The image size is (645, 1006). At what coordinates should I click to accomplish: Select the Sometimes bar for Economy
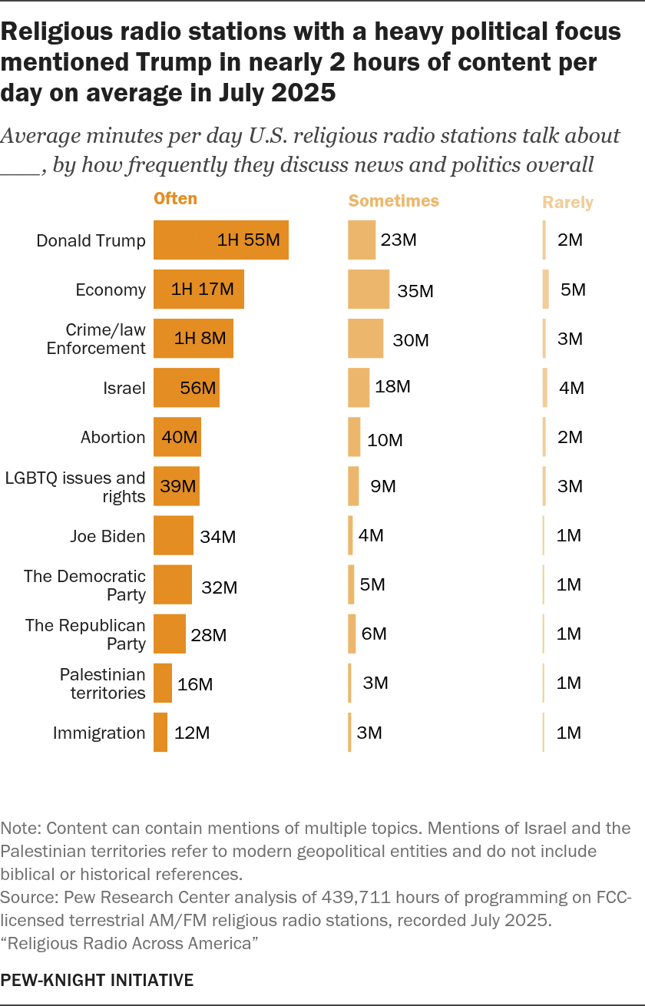click(369, 290)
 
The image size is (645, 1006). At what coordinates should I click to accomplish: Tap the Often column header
click(176, 199)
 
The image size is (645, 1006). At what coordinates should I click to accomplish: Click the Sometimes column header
click(394, 201)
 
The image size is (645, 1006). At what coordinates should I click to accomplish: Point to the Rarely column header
click(568, 203)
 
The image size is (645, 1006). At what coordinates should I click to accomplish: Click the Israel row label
click(124, 388)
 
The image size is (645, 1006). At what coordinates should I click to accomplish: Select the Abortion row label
click(113, 437)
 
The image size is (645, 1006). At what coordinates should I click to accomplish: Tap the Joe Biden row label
click(107, 535)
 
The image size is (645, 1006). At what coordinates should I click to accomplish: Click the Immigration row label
click(99, 733)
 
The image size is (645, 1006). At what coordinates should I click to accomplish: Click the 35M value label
click(415, 291)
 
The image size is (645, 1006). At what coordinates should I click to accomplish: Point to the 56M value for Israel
click(197, 388)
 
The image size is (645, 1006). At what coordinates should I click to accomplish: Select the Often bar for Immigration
click(160, 733)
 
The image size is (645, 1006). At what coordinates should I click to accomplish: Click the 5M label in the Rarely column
click(573, 290)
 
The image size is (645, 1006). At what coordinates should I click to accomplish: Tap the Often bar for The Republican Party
click(170, 634)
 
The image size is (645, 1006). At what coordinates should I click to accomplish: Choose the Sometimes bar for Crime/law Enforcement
click(365, 339)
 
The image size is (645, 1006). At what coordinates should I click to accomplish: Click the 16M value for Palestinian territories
click(195, 684)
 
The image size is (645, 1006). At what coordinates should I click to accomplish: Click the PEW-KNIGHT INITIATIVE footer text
click(98, 980)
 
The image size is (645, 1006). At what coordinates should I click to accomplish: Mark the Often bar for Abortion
click(177, 437)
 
